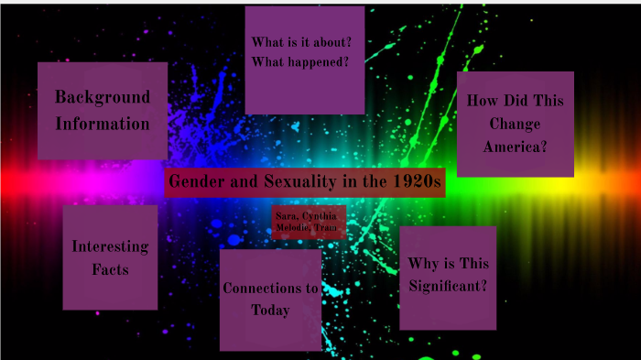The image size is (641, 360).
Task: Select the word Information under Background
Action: coord(103,124)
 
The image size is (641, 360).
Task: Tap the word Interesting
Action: coord(110,246)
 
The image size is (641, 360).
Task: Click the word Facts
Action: coord(110,269)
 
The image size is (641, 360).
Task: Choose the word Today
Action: coord(270,311)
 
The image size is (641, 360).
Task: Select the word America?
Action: coord(515,147)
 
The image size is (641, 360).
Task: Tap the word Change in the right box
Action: coord(515,124)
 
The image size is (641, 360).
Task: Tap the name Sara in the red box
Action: coord(284,216)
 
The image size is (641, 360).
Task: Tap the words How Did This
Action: coord(515,101)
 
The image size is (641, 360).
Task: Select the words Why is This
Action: coord(448,264)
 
